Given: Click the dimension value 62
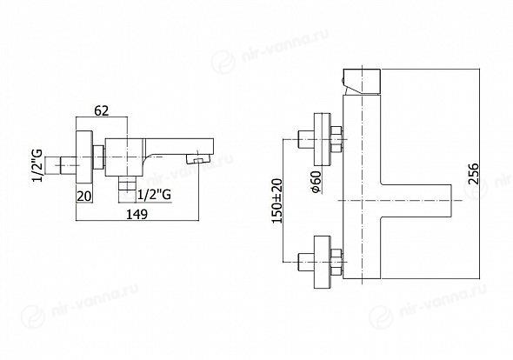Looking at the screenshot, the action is (x=101, y=111).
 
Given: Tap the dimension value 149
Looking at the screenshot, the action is (x=137, y=215).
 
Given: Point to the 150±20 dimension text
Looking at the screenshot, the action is (x=276, y=201).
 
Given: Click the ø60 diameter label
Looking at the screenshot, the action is (x=316, y=182).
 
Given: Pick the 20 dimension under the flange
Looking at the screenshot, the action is (x=84, y=197).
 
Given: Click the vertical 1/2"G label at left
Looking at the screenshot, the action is (x=37, y=165).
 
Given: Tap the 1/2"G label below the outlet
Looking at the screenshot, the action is (x=154, y=195).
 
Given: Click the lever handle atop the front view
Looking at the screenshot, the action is (x=361, y=82).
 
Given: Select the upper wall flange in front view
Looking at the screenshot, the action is (x=323, y=139).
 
